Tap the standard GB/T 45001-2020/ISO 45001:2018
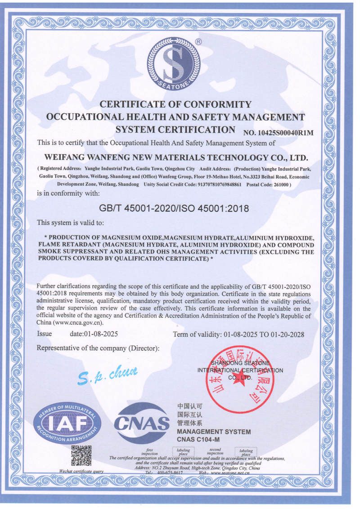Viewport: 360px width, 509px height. coord(173,209)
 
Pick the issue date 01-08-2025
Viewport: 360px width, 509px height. coord(94,334)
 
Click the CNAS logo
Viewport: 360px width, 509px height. coord(142,423)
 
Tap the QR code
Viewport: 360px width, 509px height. coord(81,455)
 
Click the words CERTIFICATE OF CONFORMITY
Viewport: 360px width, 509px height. coord(175,104)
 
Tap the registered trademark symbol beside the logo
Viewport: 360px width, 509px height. coord(198,41)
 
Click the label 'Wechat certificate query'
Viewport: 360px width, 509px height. coord(81,471)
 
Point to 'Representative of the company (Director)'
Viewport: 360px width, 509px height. coord(98,348)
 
